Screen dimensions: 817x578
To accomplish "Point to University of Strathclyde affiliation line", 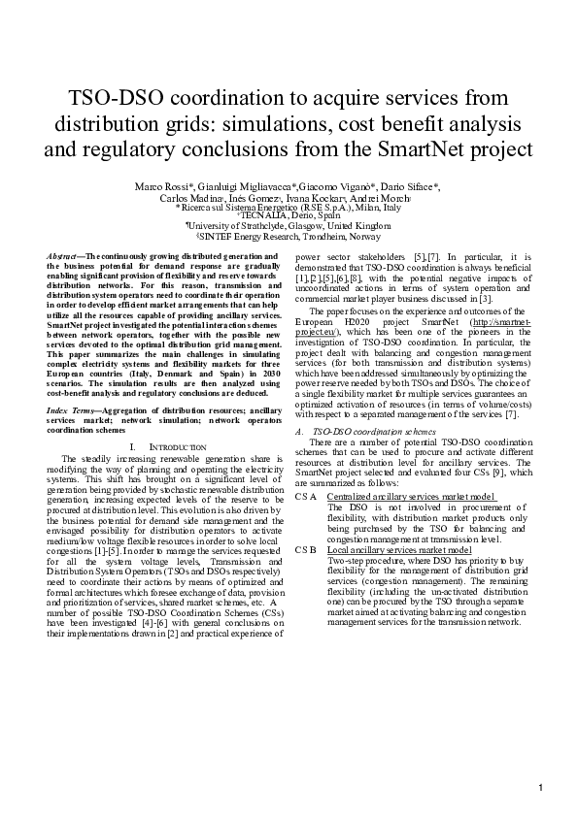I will point(289,225).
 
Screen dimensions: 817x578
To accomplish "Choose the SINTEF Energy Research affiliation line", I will point(289,236).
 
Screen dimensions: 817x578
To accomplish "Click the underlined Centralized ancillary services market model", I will point(412,497).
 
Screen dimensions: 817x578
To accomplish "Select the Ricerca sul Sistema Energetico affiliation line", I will point(289,207).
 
